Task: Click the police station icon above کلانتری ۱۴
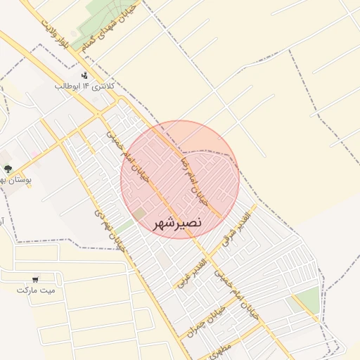(x=85, y=75)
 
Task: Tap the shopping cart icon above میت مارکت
(x=36, y=278)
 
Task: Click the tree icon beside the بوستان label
(x=8, y=169)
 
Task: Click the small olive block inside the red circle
(x=140, y=212)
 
